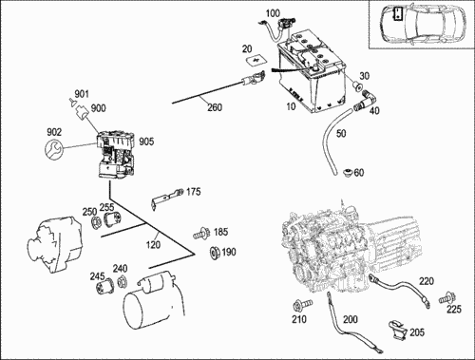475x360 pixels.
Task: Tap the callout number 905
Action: pyautogui.click(x=146, y=142)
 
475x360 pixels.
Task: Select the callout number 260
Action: pyautogui.click(x=215, y=107)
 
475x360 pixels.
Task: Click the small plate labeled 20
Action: pyautogui.click(x=256, y=61)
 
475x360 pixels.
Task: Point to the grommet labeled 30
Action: pyautogui.click(x=358, y=85)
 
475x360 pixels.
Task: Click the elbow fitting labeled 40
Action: pyautogui.click(x=365, y=100)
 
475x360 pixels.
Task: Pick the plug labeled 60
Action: pyautogui.click(x=349, y=173)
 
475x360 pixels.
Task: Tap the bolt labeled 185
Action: pyautogui.click(x=201, y=234)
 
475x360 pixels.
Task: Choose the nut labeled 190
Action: pyautogui.click(x=215, y=253)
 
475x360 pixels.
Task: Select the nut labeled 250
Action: pyautogui.click(x=95, y=223)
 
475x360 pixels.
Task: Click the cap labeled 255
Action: pyautogui.click(x=112, y=219)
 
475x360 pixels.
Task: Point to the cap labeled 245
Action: pyautogui.click(x=105, y=287)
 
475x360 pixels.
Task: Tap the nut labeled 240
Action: pyautogui.click(x=121, y=281)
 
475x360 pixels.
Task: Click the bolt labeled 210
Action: pyautogui.click(x=302, y=305)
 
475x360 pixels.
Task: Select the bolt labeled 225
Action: pyautogui.click(x=447, y=298)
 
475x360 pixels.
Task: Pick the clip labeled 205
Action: pyautogui.click(x=398, y=331)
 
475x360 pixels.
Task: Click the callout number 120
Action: pyautogui.click(x=153, y=245)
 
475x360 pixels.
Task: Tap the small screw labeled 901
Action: pyautogui.click(x=72, y=102)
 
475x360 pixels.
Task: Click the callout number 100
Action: pyautogui.click(x=273, y=13)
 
